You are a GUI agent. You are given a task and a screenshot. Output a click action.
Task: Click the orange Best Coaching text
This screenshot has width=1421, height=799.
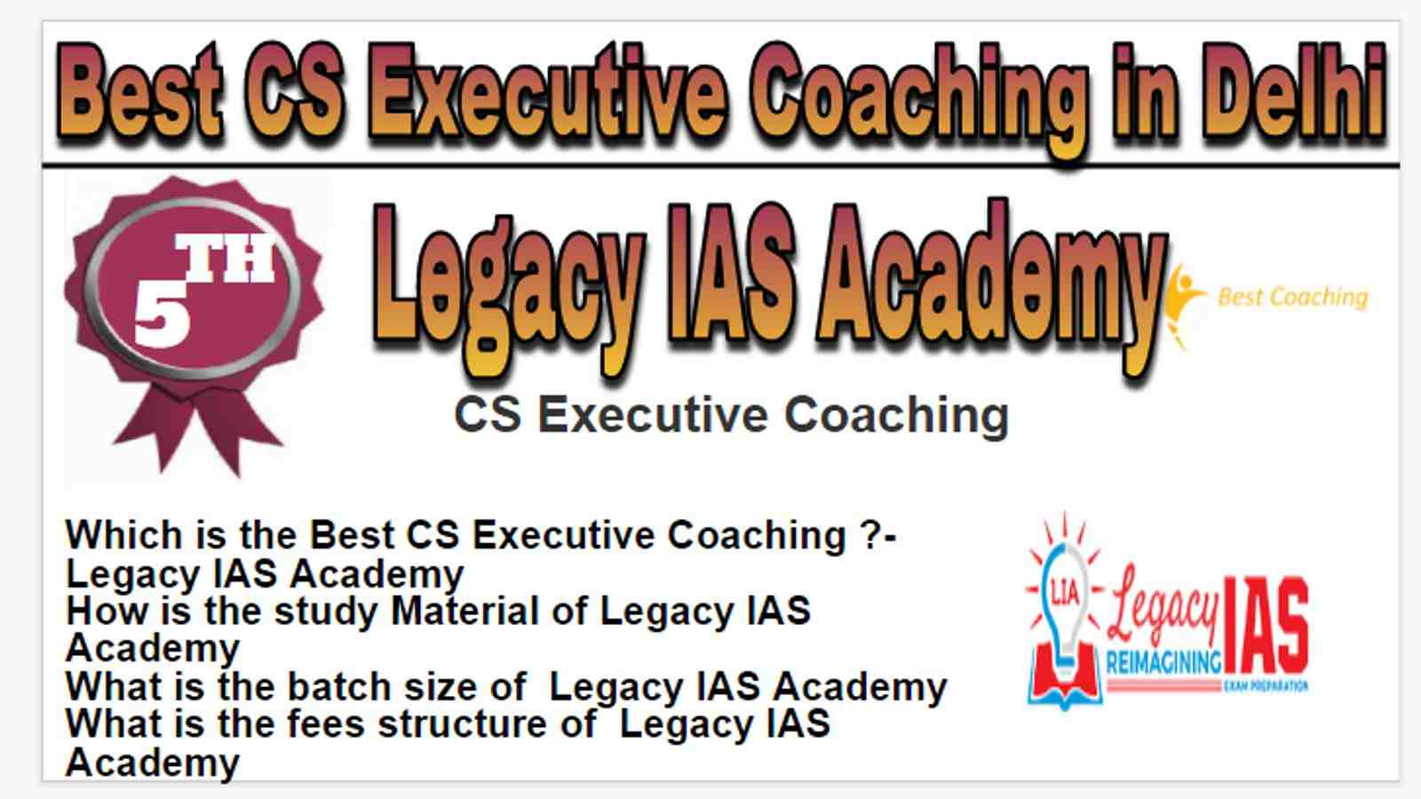[x=1293, y=297]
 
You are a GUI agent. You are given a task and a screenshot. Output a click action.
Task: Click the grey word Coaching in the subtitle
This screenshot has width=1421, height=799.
[x=896, y=415]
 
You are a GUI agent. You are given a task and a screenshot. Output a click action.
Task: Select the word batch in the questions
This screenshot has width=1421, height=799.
[x=338, y=687]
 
